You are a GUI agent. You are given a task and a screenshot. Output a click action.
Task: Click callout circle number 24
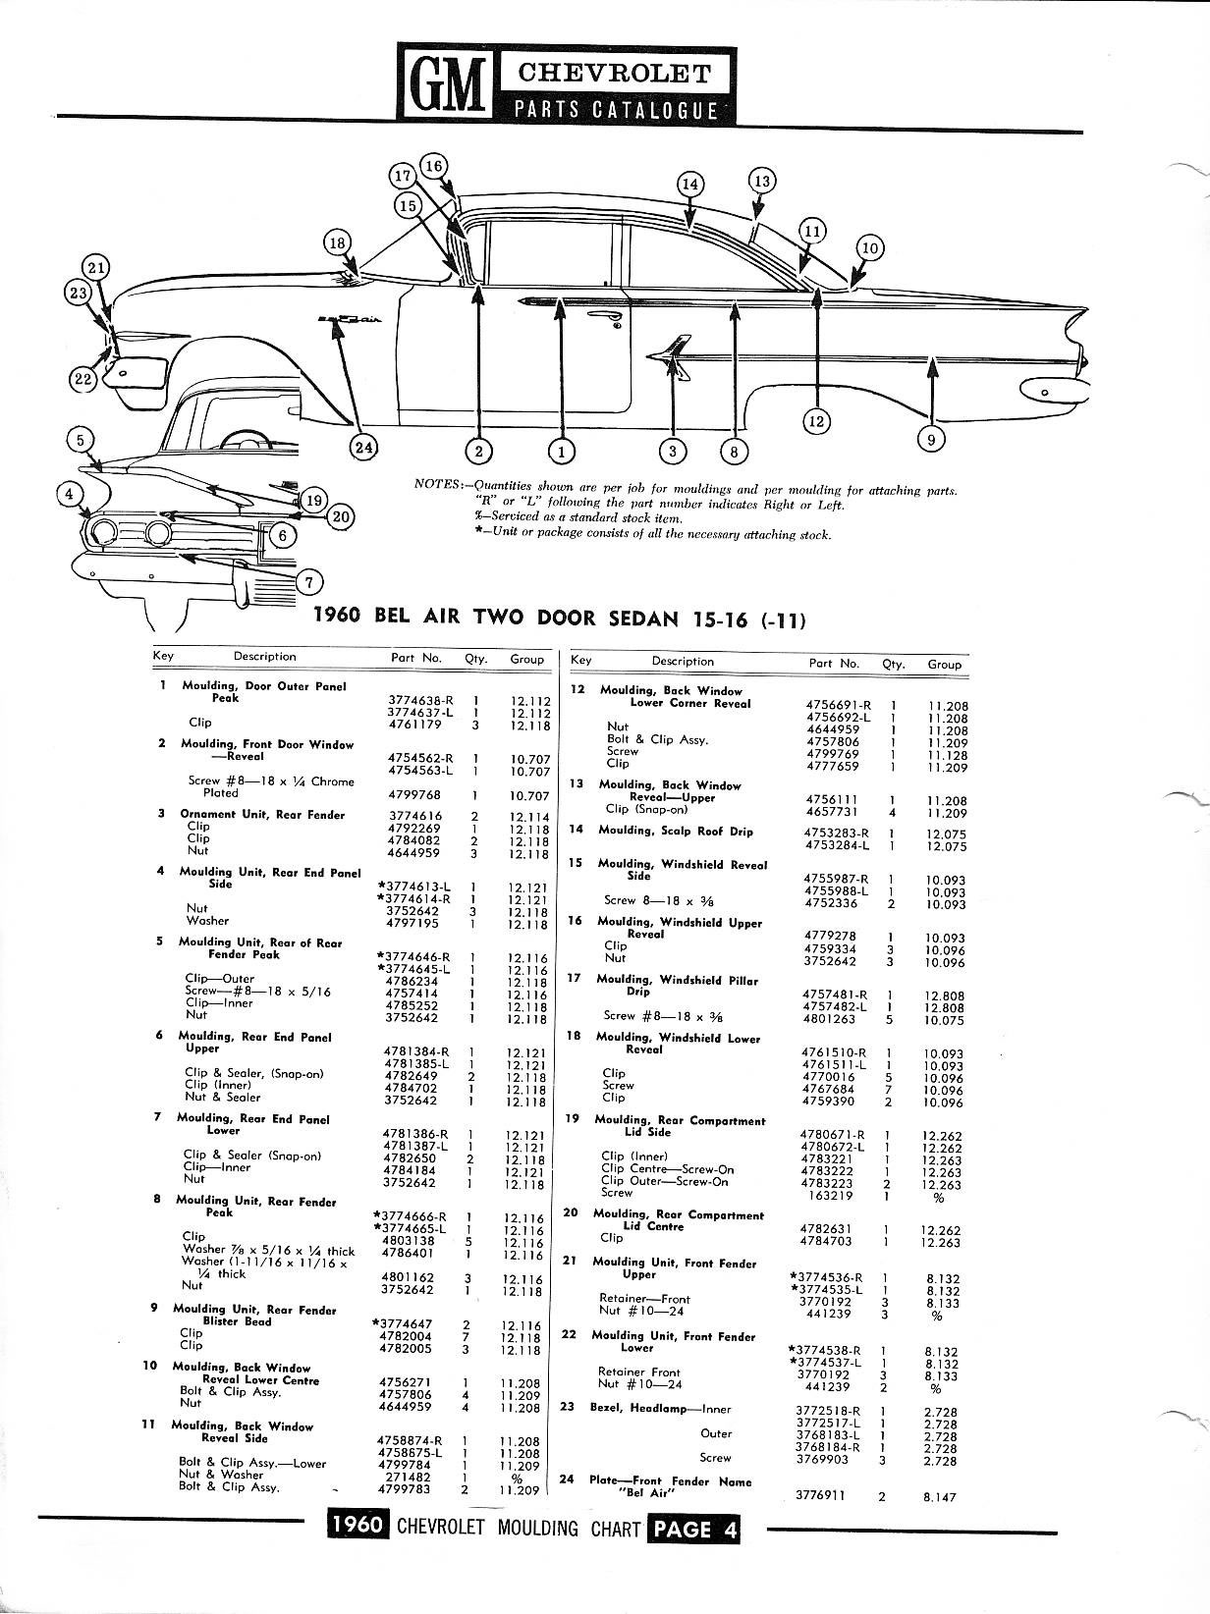click(363, 448)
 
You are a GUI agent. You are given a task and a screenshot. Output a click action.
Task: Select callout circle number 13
click(762, 181)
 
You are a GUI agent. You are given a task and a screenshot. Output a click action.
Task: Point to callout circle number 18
click(337, 242)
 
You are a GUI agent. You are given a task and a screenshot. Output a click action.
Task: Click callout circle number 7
click(308, 582)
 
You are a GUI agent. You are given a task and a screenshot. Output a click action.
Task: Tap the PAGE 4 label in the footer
click(693, 1530)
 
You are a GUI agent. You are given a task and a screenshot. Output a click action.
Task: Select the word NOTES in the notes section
click(438, 485)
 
